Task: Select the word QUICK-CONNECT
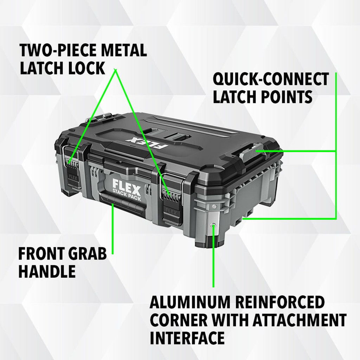pos(271,79)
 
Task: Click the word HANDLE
pos(47,271)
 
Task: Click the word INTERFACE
pos(187,338)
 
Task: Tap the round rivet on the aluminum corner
pos(213,225)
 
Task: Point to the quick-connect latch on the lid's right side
pos(253,150)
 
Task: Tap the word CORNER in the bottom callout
pos(178,321)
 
